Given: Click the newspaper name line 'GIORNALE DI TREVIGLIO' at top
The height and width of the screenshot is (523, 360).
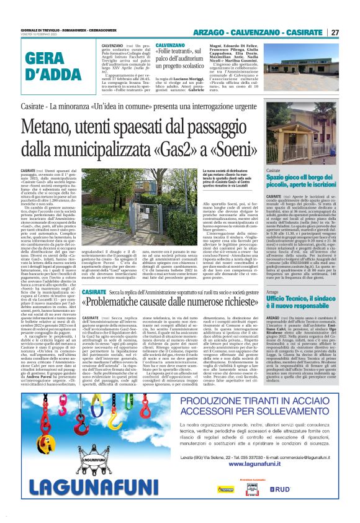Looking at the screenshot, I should click(x=44, y=30).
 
